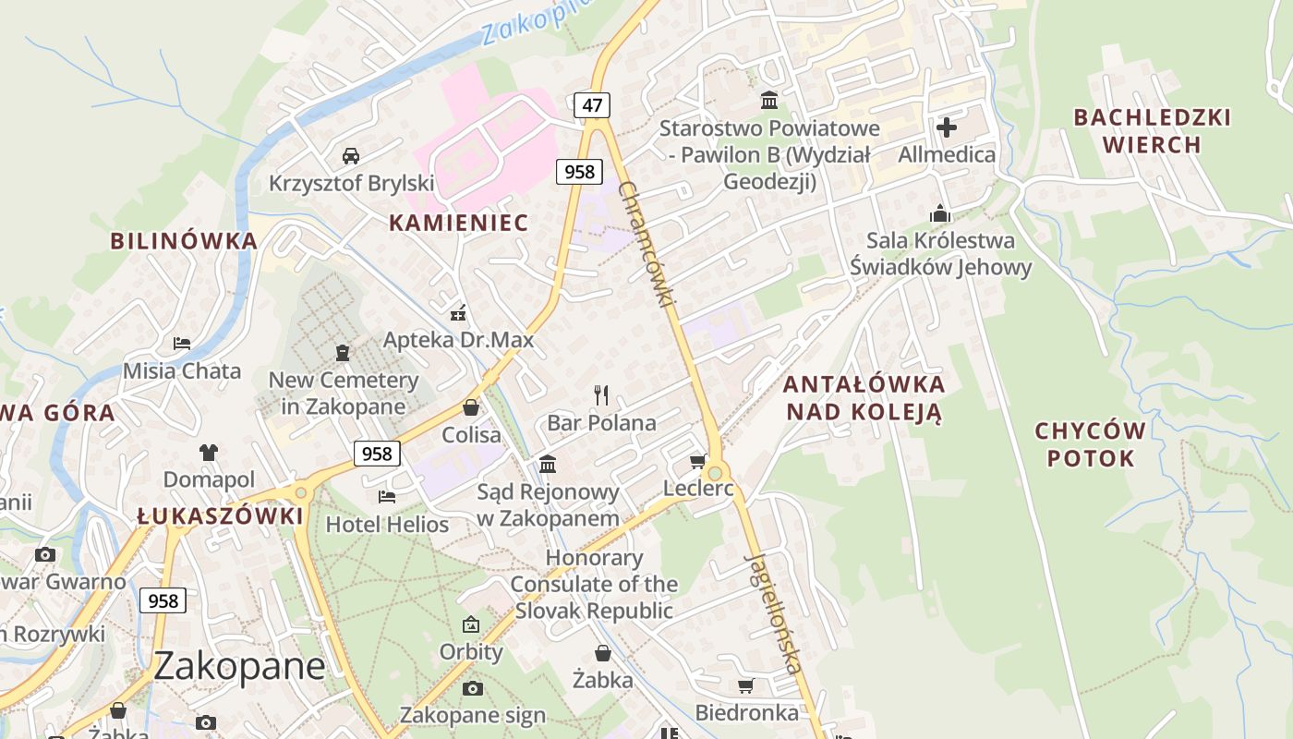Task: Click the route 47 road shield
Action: pos(592,105)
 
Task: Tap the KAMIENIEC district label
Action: pos(458,223)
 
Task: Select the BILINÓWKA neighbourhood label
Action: pos(183,241)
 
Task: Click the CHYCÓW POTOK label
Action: pos(1090,444)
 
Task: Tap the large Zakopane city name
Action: pos(239,666)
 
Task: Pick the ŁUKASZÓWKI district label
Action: pos(220,516)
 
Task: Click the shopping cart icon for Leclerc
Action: pos(698,461)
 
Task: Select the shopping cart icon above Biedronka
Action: pos(746,685)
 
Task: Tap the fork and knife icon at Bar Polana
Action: pos(602,395)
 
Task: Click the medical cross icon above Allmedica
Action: pos(947,127)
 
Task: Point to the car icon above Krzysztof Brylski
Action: pos(351,155)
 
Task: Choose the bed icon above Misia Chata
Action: pos(182,344)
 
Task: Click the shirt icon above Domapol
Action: pos(209,453)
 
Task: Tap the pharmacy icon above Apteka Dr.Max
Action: pos(458,313)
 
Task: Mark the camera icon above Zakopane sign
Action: pos(473,688)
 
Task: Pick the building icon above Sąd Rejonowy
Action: pos(548,464)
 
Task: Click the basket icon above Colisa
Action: pos(471,407)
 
